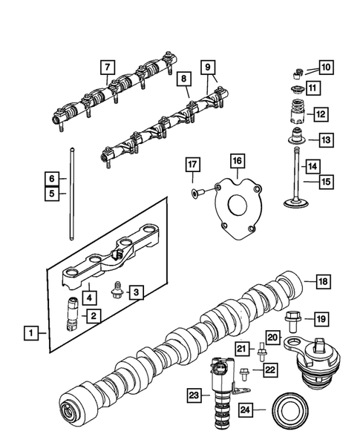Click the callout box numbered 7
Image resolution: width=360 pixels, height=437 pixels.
(109, 68)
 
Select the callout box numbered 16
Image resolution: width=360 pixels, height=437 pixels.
(236, 160)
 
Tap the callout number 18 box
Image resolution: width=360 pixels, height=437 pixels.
(322, 282)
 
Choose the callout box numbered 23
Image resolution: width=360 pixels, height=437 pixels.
(194, 396)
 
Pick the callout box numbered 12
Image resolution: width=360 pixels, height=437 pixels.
(320, 114)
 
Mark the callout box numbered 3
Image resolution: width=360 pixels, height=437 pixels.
(135, 292)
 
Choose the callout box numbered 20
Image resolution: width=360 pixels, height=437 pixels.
(271, 338)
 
